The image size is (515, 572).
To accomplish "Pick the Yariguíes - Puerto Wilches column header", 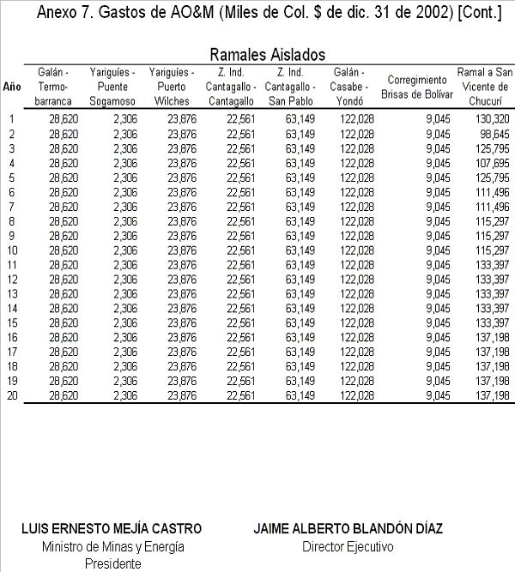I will [172, 87].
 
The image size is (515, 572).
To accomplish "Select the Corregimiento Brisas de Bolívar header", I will [420, 87].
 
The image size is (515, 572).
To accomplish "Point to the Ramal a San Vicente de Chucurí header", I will [484, 87].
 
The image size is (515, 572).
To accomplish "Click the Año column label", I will [12, 87].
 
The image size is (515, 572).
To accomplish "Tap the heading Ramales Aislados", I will [267, 54].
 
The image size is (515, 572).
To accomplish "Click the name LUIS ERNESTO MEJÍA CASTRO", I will [112, 529].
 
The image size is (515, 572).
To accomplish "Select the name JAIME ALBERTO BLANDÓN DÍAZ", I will [347, 529].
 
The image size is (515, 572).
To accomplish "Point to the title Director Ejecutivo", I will [347, 546].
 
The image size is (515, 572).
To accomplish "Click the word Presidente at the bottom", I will [112, 563].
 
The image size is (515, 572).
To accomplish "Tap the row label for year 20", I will [12, 395].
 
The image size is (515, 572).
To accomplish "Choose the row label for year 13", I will [12, 293].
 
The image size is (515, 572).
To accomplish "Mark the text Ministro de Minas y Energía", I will [112, 546].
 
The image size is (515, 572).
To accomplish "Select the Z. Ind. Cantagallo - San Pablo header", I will [288, 87].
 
